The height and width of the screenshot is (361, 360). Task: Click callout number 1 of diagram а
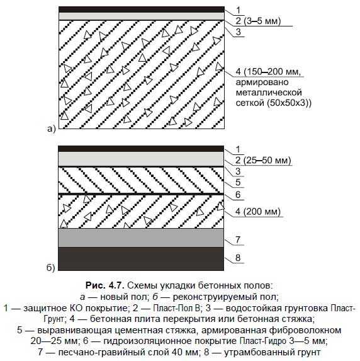coord(239,10)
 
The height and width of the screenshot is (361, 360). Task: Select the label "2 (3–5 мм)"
coord(258,21)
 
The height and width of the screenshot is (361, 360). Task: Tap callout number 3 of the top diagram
coord(239,32)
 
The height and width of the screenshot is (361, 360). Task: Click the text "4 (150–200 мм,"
coord(268,71)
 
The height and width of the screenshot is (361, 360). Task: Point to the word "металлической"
coord(269,93)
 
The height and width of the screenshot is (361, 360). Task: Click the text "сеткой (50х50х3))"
coord(274,103)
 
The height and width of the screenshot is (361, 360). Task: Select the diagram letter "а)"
coord(52,129)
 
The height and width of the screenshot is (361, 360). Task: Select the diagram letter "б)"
coord(50,268)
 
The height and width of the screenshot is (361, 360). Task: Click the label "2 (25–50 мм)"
coord(263,160)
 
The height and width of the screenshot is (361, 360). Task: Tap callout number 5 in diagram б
coord(238,182)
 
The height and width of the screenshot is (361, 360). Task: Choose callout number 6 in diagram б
coord(238,195)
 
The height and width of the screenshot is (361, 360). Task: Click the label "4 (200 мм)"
coord(258,211)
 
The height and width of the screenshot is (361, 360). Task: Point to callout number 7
coord(238,239)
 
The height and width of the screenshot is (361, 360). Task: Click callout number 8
coord(238,258)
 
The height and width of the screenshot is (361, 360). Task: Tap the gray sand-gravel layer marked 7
coord(141,238)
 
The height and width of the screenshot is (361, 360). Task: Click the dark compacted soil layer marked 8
coord(141,259)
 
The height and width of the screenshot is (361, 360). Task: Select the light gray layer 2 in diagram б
coord(141,158)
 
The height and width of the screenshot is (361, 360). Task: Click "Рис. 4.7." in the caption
coord(105,286)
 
